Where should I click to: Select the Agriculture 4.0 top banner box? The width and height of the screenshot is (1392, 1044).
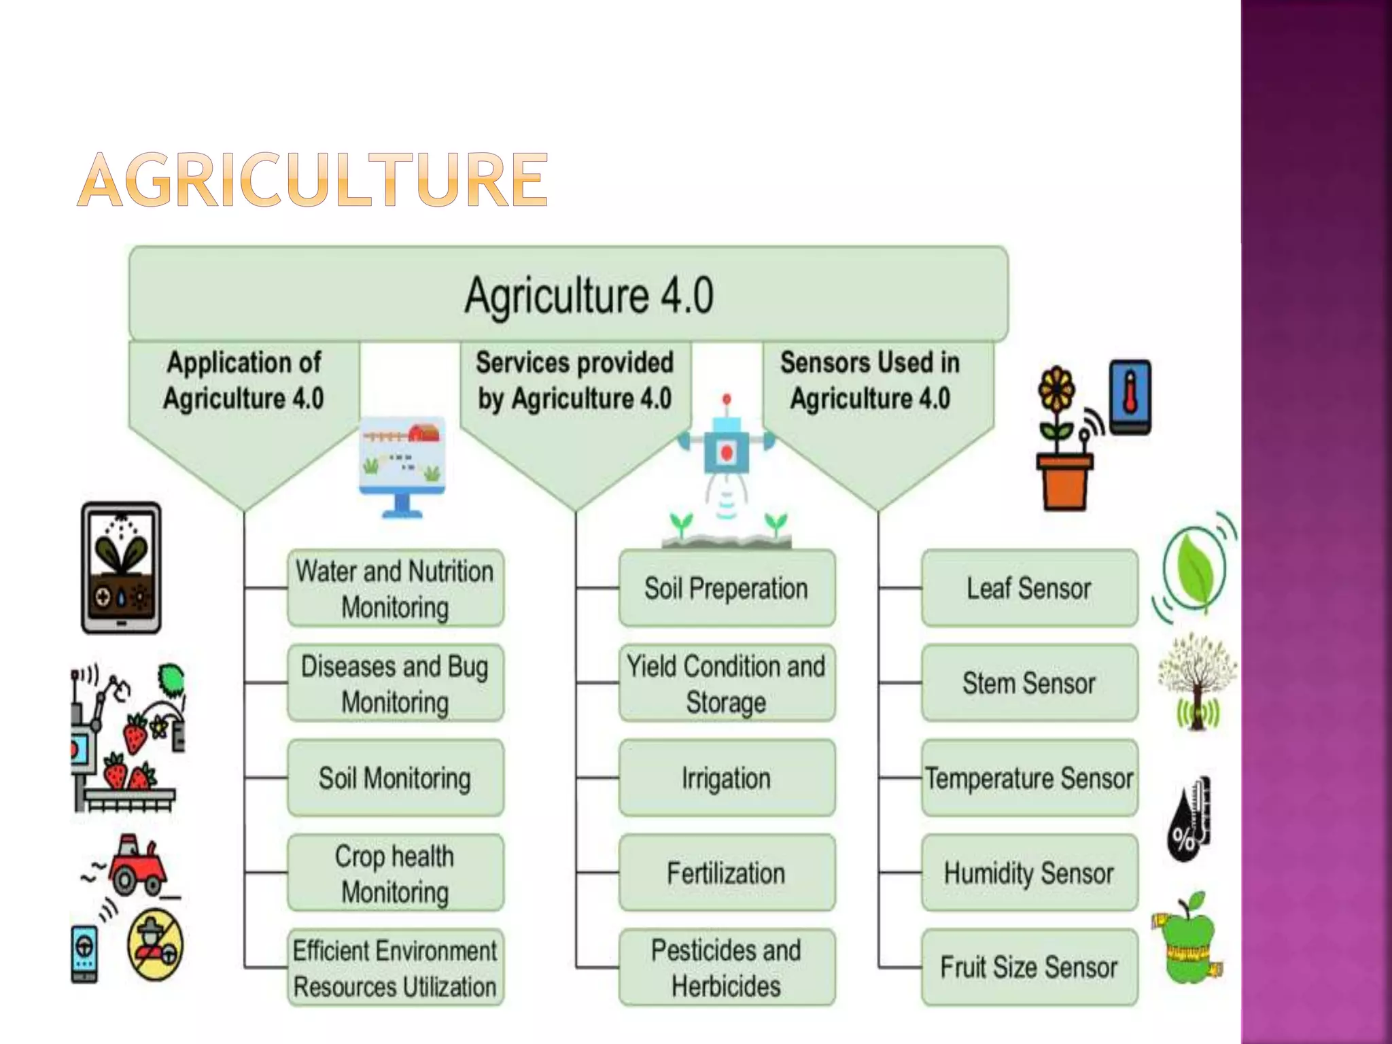point(568,294)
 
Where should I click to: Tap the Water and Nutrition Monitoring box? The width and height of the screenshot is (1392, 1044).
point(395,589)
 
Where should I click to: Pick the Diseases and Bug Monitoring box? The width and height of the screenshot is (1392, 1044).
point(395,683)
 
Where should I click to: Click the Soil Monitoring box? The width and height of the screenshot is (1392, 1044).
point(395,778)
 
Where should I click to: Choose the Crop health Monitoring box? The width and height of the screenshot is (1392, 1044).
point(395,873)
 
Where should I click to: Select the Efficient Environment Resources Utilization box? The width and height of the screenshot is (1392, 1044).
point(395,968)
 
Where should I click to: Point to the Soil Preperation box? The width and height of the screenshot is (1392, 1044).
point(726,589)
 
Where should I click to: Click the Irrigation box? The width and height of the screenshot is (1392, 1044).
point(726,778)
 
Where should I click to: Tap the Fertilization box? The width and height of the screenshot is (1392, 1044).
point(726,873)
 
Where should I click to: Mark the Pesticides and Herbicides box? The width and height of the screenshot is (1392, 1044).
point(726,968)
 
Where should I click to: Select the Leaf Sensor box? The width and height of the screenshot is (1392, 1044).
point(1029,589)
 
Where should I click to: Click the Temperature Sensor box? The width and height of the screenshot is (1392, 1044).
point(1029,778)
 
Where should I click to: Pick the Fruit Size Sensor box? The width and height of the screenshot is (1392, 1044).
point(1029,968)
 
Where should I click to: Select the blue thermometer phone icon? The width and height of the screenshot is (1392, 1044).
point(1130,396)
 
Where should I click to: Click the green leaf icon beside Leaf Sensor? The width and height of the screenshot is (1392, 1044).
point(1195,568)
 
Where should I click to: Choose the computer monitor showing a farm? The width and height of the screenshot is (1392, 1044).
point(402,466)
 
